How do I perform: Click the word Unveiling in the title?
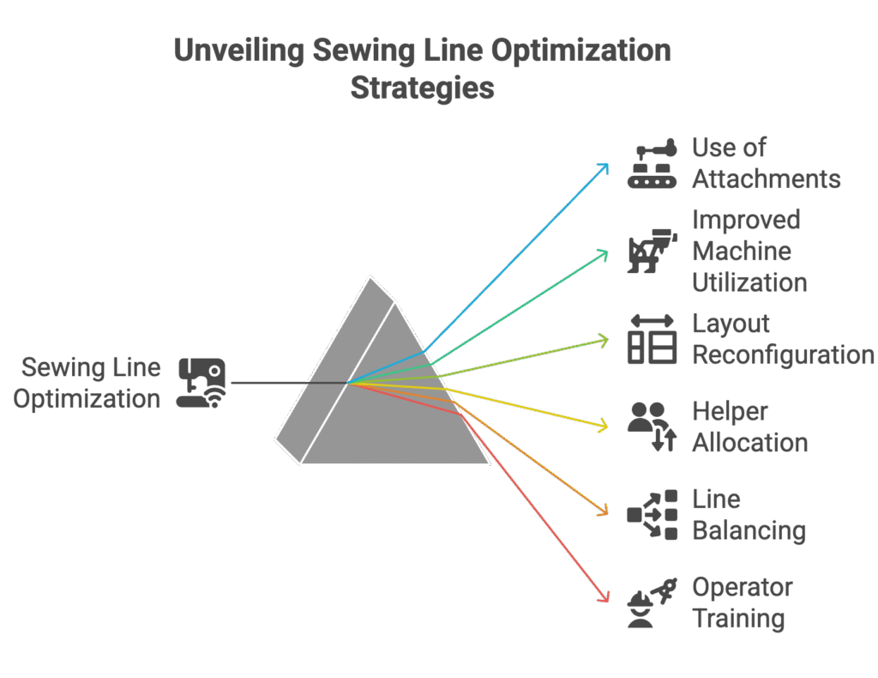pyautogui.click(x=239, y=51)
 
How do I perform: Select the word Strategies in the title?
pyautogui.click(x=422, y=88)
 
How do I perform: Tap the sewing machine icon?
pyautogui.click(x=201, y=383)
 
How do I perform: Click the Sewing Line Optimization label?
pyautogui.click(x=87, y=384)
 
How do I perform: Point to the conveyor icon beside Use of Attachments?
pyautogui.click(x=652, y=163)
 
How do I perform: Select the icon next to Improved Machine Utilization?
pyautogui.click(x=652, y=251)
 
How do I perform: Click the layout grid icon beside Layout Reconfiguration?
pyautogui.click(x=652, y=339)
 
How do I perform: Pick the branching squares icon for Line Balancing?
pyautogui.click(x=652, y=514)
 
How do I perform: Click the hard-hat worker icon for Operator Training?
pyautogui.click(x=652, y=602)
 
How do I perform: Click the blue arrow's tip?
pyautogui.click(x=608, y=164)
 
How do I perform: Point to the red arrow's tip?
pyautogui.click(x=608, y=602)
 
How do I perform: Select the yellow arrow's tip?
pyautogui.click(x=608, y=427)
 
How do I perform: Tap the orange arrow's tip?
pyautogui.click(x=608, y=514)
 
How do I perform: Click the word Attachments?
pyautogui.click(x=767, y=179)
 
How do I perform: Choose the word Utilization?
pyautogui.click(x=749, y=282)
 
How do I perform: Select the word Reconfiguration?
pyautogui.click(x=783, y=355)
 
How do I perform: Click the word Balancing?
pyautogui.click(x=749, y=530)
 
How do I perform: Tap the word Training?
pyautogui.click(x=738, y=619)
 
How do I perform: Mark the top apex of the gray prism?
pyautogui.click(x=370, y=277)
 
